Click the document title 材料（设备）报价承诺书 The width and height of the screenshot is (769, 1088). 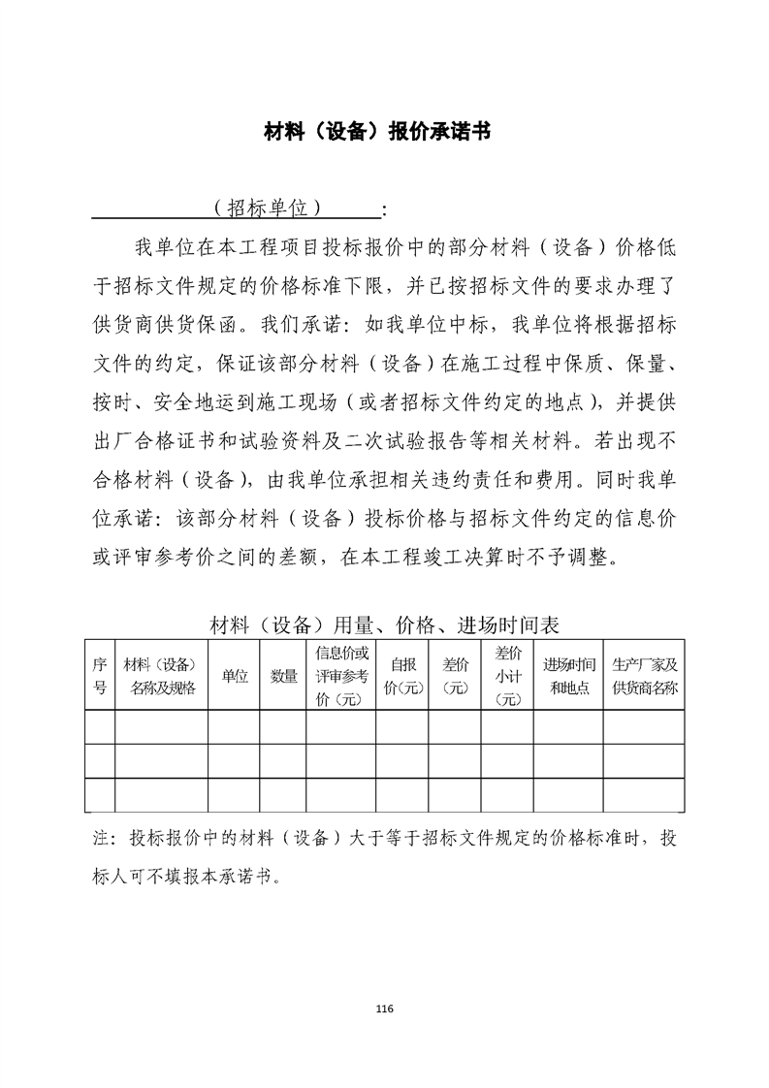[x=377, y=132]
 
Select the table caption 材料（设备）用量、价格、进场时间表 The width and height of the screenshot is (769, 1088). [x=384, y=624]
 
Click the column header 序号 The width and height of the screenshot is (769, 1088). [x=99, y=676]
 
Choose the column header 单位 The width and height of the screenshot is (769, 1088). [x=234, y=676]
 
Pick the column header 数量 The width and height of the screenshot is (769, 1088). [x=283, y=676]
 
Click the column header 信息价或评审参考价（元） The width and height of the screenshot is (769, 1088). [x=340, y=676]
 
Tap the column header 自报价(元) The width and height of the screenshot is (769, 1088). [x=402, y=676]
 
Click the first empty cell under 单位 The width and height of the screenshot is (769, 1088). [x=234, y=727]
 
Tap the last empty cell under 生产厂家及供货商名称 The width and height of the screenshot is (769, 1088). [x=644, y=794]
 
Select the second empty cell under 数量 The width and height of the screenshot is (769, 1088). [x=283, y=760]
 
